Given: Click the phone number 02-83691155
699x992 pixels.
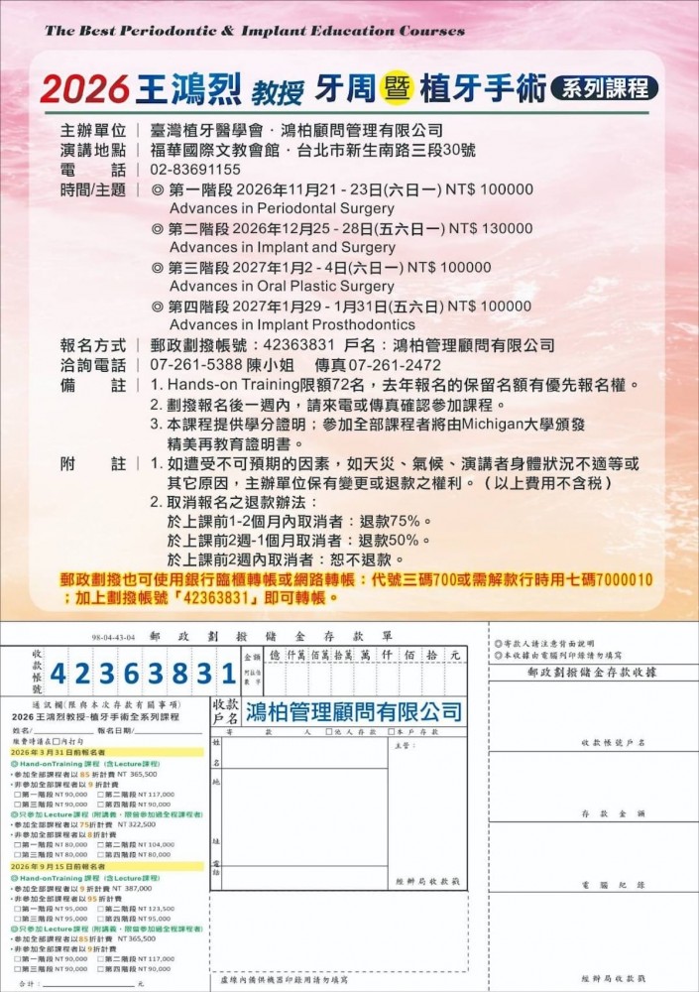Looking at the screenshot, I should [x=195, y=170].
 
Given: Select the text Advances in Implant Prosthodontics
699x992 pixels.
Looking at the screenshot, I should [x=292, y=324].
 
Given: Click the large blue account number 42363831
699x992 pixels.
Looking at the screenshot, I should [x=143, y=675].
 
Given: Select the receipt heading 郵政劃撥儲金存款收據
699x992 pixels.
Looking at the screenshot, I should [x=592, y=672].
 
